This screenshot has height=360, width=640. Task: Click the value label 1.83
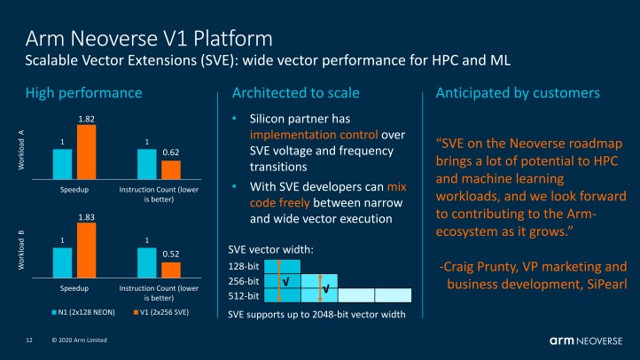pyautogui.click(x=85, y=217)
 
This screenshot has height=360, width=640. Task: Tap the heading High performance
pyautogui.click(x=83, y=92)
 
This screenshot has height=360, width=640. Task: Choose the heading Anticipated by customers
pyautogui.click(x=519, y=92)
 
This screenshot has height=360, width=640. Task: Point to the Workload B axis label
pyautogui.click(x=20, y=245)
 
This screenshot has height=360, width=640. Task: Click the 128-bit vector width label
pyautogui.click(x=244, y=265)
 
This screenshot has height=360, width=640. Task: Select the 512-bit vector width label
pyautogui.click(x=244, y=295)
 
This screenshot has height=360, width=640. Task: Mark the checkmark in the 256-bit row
pyautogui.click(x=285, y=281)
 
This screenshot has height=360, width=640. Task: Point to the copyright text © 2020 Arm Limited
pyautogui.click(x=80, y=340)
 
